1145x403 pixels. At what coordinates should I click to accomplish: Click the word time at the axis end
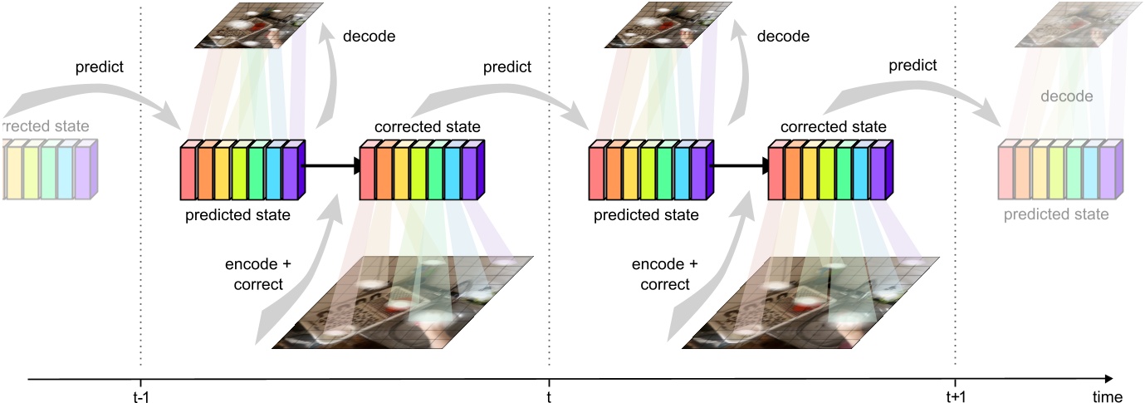coord(1108,396)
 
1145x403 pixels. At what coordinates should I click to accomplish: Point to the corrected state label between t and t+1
coord(833,127)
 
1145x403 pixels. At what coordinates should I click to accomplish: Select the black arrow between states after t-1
coord(332,167)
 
